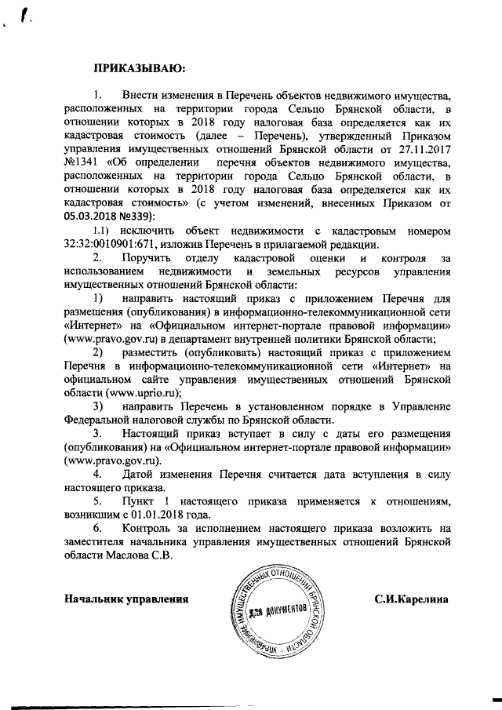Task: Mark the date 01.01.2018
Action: pos(165,515)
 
